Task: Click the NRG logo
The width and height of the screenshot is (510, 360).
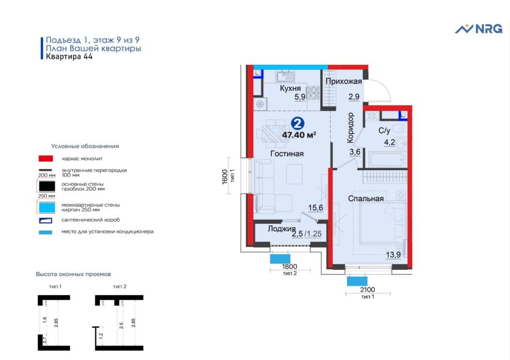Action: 479,29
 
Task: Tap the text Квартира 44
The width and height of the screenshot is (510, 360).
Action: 69,57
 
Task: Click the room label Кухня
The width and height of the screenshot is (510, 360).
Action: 290,88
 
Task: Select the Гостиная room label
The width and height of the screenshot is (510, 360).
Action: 287,154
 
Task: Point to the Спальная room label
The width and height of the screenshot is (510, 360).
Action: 366,199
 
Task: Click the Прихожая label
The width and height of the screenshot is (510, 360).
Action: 344,81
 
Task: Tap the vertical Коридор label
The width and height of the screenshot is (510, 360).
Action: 350,128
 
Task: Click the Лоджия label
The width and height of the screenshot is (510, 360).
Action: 282,229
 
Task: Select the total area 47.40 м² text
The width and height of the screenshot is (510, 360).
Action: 299,135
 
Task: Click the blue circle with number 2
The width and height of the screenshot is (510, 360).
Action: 298,124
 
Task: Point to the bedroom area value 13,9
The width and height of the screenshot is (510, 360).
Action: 393,255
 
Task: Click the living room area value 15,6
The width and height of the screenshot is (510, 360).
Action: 316,208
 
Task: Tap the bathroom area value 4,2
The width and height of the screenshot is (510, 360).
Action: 389,142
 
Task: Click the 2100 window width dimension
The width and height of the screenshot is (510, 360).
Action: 368,290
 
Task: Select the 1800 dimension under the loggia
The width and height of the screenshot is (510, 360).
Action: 289,266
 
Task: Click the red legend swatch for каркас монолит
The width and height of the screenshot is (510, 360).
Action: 46,158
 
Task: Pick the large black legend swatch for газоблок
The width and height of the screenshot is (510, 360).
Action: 47,186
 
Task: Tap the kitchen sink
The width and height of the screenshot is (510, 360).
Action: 285,77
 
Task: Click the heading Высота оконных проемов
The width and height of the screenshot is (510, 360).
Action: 74,274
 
